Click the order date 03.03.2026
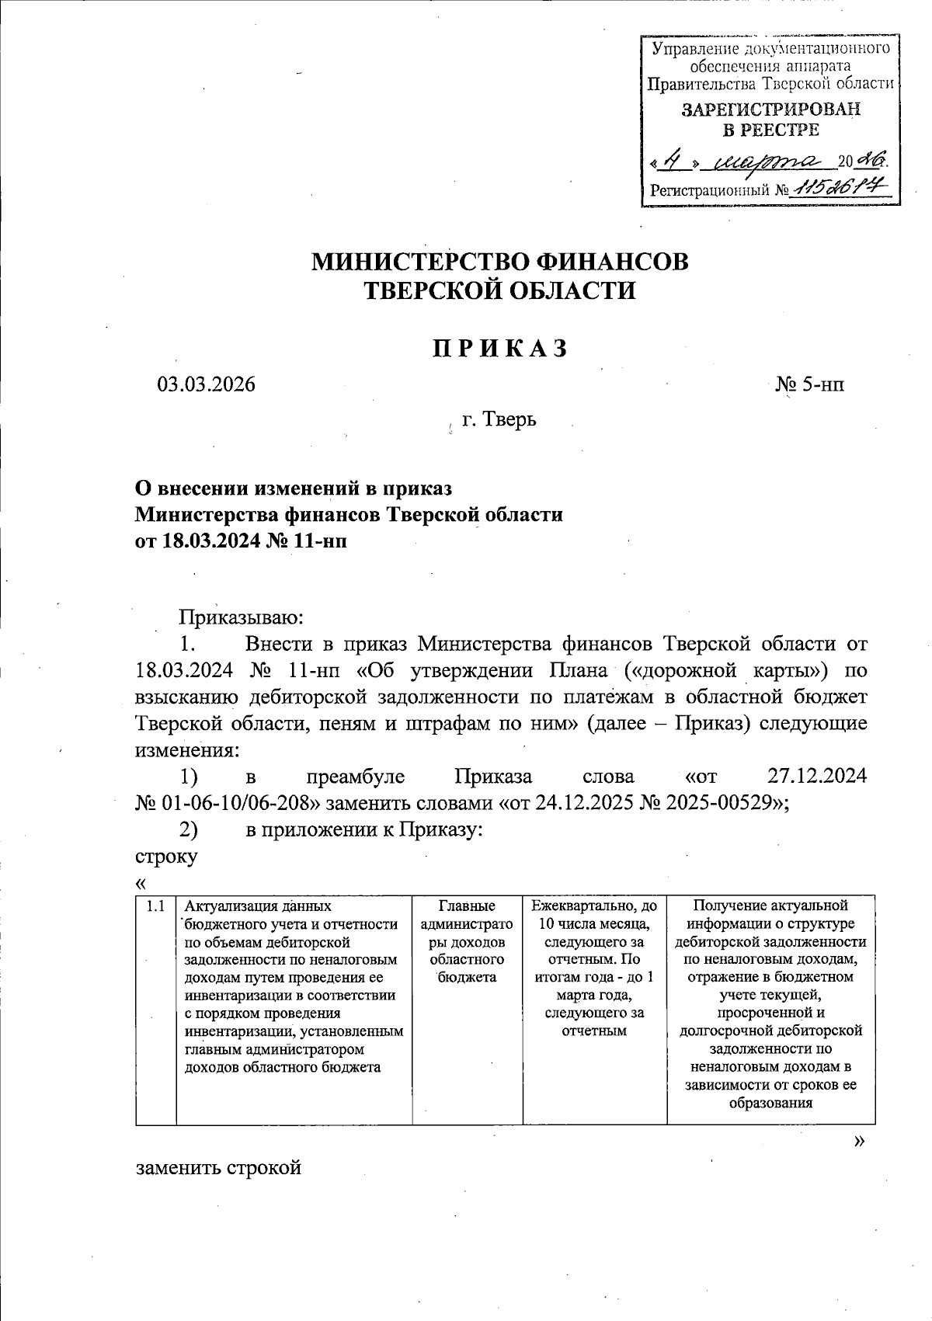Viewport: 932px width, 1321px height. click(206, 384)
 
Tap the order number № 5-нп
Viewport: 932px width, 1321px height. click(810, 384)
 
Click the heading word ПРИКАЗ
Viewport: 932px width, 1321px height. click(500, 349)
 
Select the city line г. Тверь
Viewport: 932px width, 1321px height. click(499, 420)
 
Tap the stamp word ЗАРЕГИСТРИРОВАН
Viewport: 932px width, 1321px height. click(770, 110)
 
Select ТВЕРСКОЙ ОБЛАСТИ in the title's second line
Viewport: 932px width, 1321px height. click(500, 290)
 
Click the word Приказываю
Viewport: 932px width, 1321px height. click(240, 617)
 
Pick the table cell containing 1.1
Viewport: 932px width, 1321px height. click(155, 906)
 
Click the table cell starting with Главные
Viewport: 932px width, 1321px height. click(467, 941)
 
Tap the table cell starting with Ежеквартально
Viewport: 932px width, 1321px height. click(594, 968)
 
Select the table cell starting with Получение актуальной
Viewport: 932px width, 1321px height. click(770, 1003)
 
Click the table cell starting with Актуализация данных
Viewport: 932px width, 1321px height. click(294, 986)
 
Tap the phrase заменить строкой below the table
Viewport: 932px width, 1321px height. click(218, 1167)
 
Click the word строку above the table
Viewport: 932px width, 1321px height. click(166, 857)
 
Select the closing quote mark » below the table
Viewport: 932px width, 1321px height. click(858, 1140)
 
